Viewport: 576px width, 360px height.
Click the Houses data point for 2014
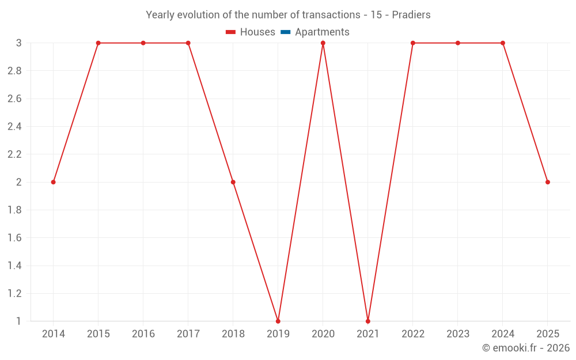pyautogui.click(x=53, y=182)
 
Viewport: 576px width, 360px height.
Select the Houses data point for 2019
pyautogui.click(x=278, y=321)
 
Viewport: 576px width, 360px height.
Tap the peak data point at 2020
pyautogui.click(x=323, y=43)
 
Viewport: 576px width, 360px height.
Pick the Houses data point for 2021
pyautogui.click(x=368, y=321)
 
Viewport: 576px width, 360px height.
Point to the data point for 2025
pyautogui.click(x=548, y=182)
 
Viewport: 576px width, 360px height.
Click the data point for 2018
pyautogui.click(x=233, y=182)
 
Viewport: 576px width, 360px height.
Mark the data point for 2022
pyautogui.click(x=413, y=43)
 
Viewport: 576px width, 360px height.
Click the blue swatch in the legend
pyautogui.click(x=286, y=32)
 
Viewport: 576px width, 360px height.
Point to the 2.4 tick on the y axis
pyautogui.click(x=14, y=127)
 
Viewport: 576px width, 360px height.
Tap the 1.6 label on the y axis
pyautogui.click(x=14, y=238)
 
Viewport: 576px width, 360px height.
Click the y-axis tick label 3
pyautogui.click(x=19, y=43)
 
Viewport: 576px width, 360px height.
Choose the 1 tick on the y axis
pyautogui.click(x=19, y=321)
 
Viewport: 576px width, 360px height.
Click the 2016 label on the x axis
pyautogui.click(x=143, y=334)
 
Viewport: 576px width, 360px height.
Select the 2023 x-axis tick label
pyautogui.click(x=458, y=334)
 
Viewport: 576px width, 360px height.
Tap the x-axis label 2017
pyautogui.click(x=188, y=334)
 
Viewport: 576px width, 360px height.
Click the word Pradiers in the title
pyautogui.click(x=411, y=15)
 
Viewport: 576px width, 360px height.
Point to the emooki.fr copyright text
pyautogui.click(x=525, y=348)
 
